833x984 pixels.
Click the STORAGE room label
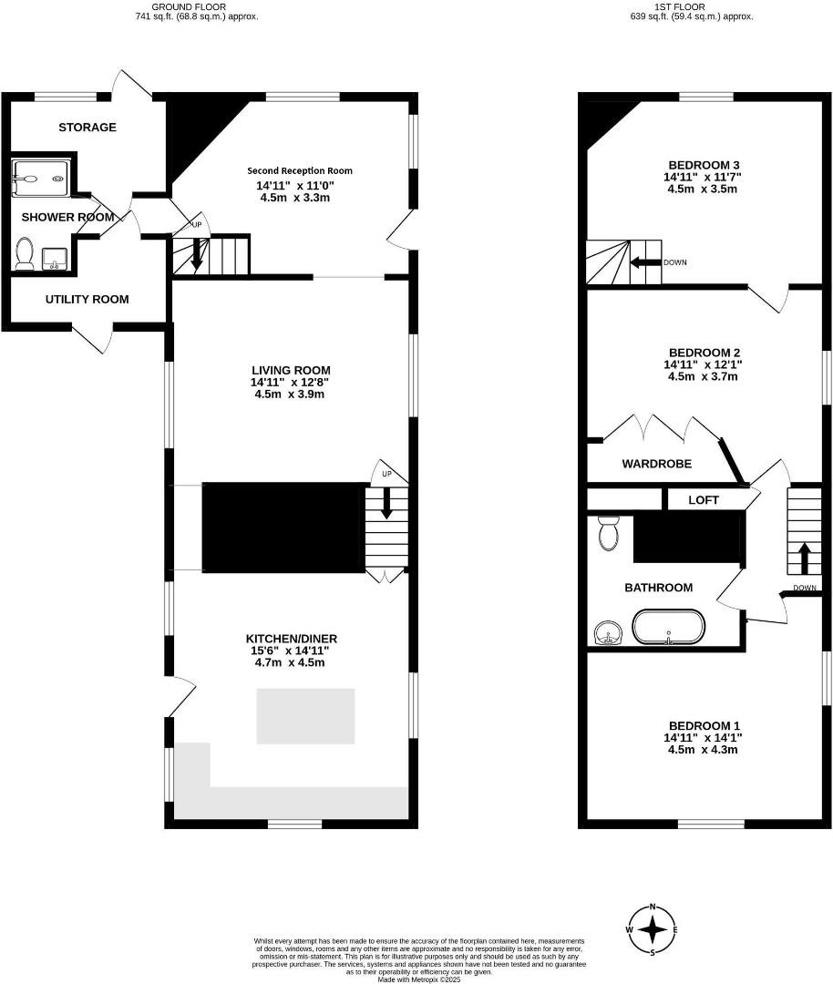[87, 128]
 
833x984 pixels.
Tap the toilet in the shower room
[25, 253]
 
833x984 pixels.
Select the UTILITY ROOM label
[87, 299]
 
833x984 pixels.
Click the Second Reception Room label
[300, 170]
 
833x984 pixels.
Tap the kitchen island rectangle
[304, 716]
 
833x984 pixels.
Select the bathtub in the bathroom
[670, 627]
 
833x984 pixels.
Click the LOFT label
[704, 500]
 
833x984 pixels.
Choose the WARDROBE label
[657, 464]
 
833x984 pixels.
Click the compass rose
[653, 929]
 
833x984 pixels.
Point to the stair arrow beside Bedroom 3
[647, 262]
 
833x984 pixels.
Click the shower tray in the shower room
[41, 178]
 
